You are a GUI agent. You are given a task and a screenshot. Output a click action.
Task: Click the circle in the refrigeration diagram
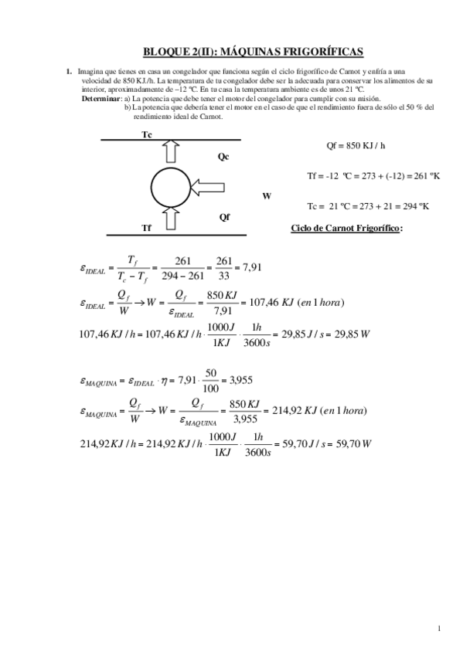(168, 186)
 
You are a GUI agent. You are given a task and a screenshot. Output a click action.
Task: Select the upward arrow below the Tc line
(169, 156)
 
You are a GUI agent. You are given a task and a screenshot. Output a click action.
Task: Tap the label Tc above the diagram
(147, 134)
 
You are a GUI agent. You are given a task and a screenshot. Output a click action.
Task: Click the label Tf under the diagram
(147, 227)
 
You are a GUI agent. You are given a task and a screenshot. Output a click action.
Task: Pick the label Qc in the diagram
(223, 156)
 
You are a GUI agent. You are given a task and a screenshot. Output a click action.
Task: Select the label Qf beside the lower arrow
(224, 216)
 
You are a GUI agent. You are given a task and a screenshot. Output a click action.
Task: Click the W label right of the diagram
(267, 196)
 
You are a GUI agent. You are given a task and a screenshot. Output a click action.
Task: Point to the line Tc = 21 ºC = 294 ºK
(368, 206)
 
